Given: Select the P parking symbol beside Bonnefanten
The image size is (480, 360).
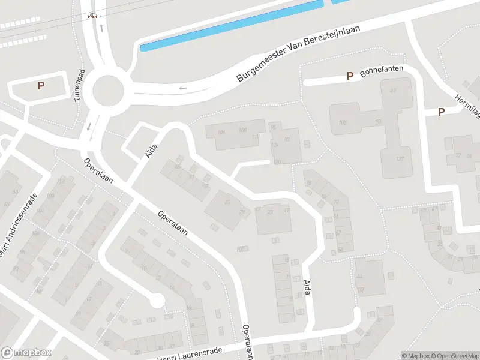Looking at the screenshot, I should click(x=350, y=76).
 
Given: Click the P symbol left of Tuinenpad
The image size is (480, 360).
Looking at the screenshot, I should click(x=41, y=86).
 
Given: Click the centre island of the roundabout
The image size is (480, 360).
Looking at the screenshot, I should click(x=108, y=92).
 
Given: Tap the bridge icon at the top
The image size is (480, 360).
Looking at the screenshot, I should click(x=92, y=16).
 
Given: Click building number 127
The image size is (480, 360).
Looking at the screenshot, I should click(x=400, y=158).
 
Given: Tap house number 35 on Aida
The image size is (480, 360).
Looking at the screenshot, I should click(x=227, y=202).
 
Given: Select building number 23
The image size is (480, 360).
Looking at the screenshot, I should click(x=270, y=211).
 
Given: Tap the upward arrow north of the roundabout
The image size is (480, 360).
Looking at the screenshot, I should click(x=102, y=28).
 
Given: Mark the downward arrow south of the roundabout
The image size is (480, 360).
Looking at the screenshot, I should click(x=89, y=127).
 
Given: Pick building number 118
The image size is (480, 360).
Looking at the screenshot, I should click(x=255, y=137).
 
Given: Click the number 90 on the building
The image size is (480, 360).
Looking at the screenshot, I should click(x=287, y=140).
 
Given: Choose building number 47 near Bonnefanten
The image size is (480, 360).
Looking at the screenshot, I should click(x=394, y=91).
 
